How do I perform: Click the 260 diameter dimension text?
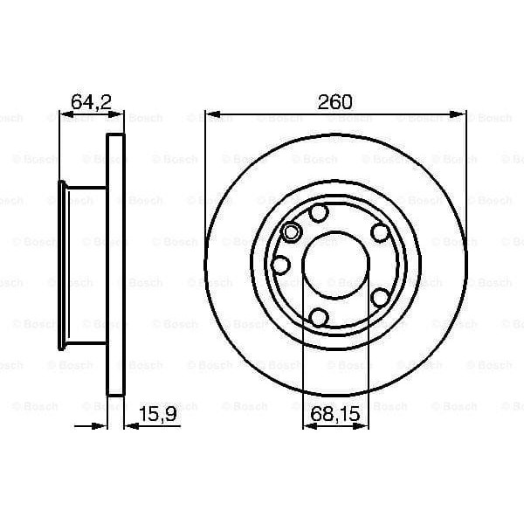tap(335, 101)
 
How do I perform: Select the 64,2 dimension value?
tap(89, 101)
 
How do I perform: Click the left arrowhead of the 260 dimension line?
tap(210, 113)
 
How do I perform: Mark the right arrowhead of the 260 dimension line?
tap(460, 113)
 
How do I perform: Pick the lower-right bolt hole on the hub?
tap(379, 296)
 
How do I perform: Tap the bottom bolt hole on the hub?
tap(320, 316)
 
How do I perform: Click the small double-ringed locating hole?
tap(292, 232)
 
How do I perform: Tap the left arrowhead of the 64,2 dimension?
tap(64, 113)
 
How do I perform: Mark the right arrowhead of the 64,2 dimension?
tap(120, 113)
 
